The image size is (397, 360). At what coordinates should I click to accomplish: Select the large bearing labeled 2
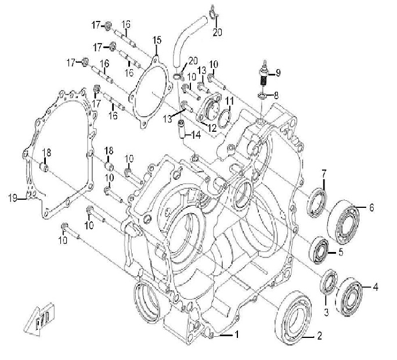point(298,314)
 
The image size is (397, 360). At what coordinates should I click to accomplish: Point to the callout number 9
point(277,73)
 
